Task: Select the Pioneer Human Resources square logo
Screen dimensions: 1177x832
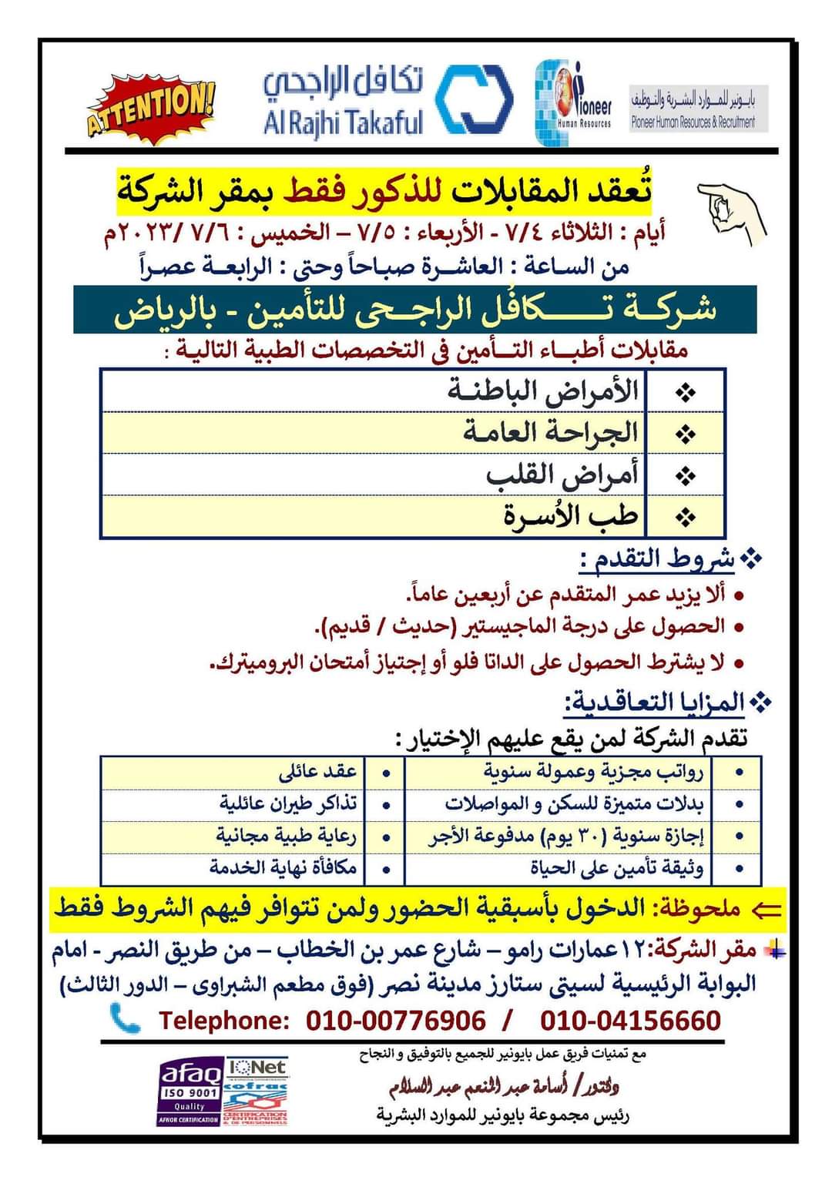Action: pos(573,102)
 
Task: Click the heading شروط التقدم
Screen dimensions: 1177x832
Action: pos(658,559)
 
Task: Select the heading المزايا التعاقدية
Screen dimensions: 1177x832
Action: pos(656,703)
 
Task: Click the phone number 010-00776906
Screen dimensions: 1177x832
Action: pos(396,1021)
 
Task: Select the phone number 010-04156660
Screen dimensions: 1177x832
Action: pos(630,1021)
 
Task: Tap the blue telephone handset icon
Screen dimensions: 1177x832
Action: pos(125,1018)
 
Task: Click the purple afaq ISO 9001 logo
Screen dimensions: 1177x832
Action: pos(190,1091)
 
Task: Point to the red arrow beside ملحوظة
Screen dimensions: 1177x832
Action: pos(766,910)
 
